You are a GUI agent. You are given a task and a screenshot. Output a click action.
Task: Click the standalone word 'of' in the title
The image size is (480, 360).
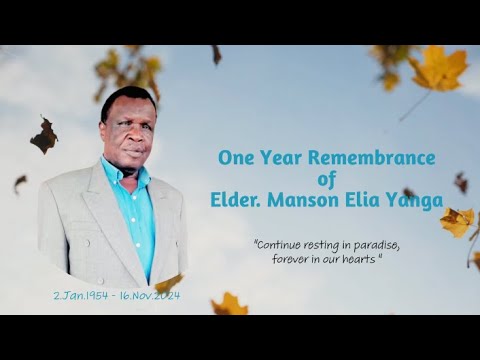[330, 179]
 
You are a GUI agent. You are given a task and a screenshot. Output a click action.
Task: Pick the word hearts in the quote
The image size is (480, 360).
[360, 258]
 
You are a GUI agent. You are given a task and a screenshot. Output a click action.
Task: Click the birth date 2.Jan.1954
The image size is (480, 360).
[83, 297]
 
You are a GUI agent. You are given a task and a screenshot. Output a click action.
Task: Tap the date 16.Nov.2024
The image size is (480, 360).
[150, 297]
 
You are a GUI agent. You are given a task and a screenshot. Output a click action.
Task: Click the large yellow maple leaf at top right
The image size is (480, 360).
[438, 70]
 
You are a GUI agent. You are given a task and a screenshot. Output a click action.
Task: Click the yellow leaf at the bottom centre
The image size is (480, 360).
[230, 303]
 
